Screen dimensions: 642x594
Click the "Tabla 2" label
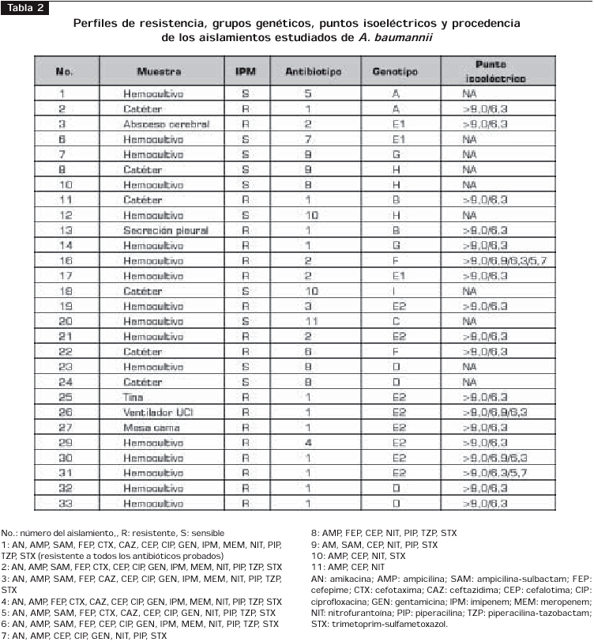click(x=26, y=7)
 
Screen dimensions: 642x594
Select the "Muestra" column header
click(x=159, y=72)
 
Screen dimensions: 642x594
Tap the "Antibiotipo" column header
click(x=313, y=72)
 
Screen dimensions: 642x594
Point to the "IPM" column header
click(x=246, y=72)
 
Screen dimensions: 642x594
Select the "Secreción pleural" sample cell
click(x=165, y=230)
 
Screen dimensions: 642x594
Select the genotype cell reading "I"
click(x=396, y=291)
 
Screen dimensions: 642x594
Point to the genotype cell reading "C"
click(x=396, y=321)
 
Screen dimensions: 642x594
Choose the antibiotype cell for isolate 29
click(x=309, y=443)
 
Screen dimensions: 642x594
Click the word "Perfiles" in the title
click(x=96, y=23)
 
